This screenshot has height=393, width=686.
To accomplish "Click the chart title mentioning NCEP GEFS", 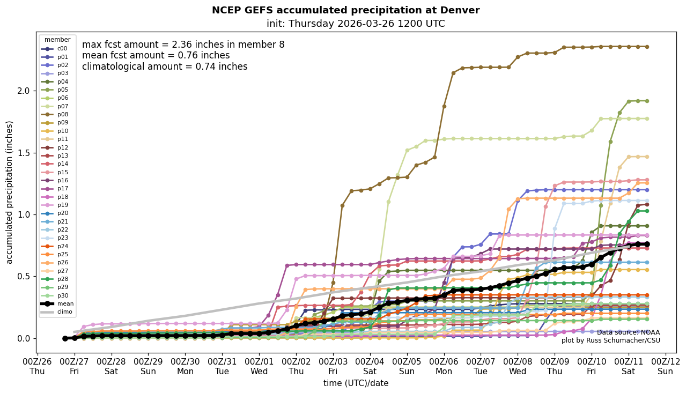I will pyautogui.click(x=345, y=10).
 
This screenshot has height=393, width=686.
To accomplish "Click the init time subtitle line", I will pyautogui.click(x=356, y=24).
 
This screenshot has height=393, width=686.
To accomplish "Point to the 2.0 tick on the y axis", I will pyautogui.click(x=23, y=91).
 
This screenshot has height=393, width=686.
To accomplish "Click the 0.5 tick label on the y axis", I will pyautogui.click(x=23, y=277).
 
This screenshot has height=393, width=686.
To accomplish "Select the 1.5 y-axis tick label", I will pyautogui.click(x=23, y=153).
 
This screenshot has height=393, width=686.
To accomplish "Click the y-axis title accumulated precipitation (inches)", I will pyautogui.click(x=9, y=192).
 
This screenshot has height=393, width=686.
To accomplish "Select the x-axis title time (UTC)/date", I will pyautogui.click(x=356, y=383).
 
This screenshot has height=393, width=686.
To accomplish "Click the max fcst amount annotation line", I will pyautogui.click(x=183, y=45).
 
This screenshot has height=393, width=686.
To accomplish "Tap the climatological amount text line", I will pyautogui.click(x=165, y=67).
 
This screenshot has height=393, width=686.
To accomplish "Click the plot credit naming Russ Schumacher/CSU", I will pyautogui.click(x=610, y=341).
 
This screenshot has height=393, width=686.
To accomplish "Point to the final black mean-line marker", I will pyautogui.click(x=647, y=244).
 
